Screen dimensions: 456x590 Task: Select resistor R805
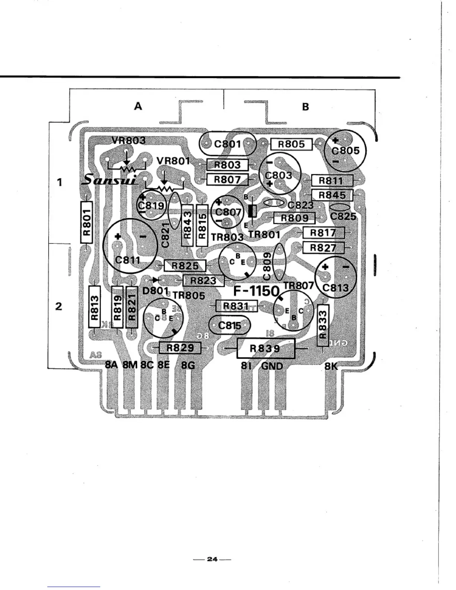291,144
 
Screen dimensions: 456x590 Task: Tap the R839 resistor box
266,348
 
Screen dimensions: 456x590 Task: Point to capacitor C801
228,144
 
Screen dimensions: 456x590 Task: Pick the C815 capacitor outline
229,326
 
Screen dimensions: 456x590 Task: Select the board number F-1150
256,291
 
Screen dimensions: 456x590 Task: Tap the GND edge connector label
272,366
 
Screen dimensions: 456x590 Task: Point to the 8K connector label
330,366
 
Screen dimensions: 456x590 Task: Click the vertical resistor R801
86,222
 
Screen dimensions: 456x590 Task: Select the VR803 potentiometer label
129,140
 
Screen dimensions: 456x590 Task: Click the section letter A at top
138,107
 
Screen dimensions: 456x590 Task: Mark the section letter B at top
305,107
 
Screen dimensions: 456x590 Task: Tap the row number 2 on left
58,307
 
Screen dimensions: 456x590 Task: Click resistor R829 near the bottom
180,348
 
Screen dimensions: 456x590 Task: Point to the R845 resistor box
332,195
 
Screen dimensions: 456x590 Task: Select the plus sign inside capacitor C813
325,267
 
